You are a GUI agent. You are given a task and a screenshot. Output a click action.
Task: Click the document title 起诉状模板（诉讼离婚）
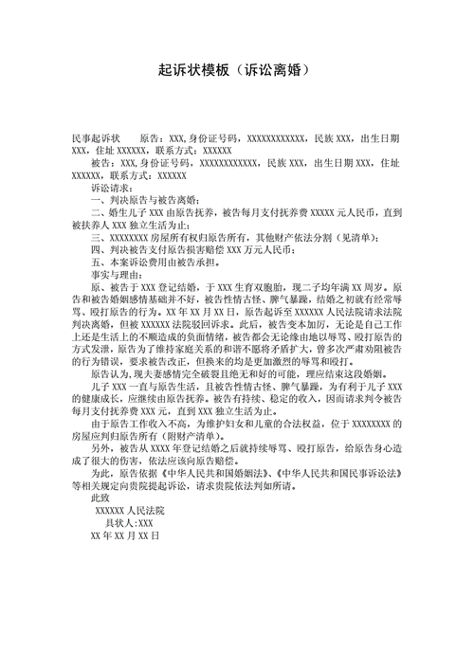(x=237, y=72)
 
